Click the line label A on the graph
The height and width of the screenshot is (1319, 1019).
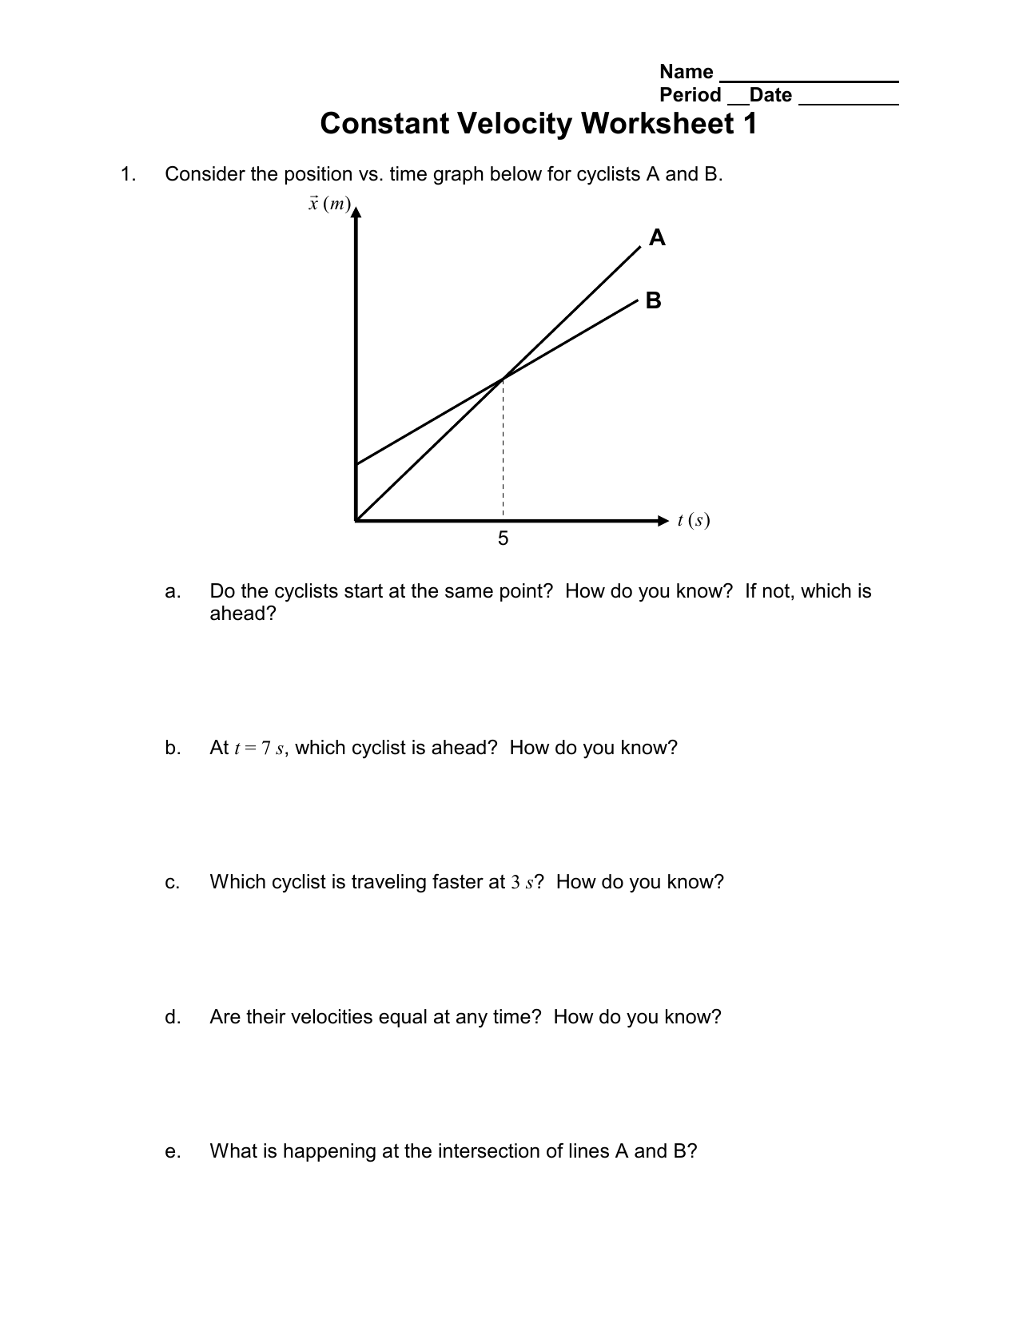pyautogui.click(x=657, y=238)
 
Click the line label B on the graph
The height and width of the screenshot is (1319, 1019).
pyautogui.click(x=654, y=301)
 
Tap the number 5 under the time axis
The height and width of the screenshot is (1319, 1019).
pyautogui.click(x=503, y=539)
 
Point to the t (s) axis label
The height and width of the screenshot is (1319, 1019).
pyautogui.click(x=693, y=521)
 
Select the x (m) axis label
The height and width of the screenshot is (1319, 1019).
pyautogui.click(x=329, y=204)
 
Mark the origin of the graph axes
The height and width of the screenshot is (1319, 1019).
pyautogui.click(x=356, y=521)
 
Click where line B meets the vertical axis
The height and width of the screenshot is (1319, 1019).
pyautogui.click(x=356, y=463)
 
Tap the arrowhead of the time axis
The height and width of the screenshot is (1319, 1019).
pyautogui.click(x=662, y=521)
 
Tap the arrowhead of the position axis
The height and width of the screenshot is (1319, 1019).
pyautogui.click(x=356, y=212)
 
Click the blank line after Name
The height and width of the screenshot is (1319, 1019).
pyautogui.click(x=809, y=80)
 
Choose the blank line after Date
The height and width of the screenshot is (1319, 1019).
pyautogui.click(x=848, y=103)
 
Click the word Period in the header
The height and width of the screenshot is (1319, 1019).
pyautogui.click(x=691, y=95)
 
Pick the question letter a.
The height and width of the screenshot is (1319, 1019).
pyautogui.click(x=171, y=592)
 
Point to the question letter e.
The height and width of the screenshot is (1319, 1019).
pyautogui.click(x=171, y=1151)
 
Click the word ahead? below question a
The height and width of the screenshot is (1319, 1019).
pyautogui.click(x=242, y=614)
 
